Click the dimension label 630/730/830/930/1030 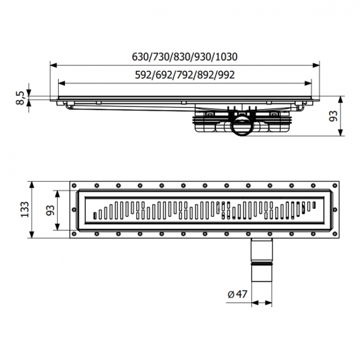pyautogui.click(x=184, y=56)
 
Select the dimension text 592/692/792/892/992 pyautogui.click(x=185, y=75)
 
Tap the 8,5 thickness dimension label pyautogui.click(x=20, y=97)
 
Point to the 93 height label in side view pyautogui.click(x=333, y=116)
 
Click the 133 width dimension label pyautogui.click(x=24, y=209)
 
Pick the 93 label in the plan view pyautogui.click(x=50, y=210)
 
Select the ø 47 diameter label pyautogui.click(x=238, y=294)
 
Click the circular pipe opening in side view pyautogui.click(x=242, y=127)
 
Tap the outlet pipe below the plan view pyautogui.click(x=262, y=260)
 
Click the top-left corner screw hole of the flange pyautogui.click(x=74, y=186)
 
